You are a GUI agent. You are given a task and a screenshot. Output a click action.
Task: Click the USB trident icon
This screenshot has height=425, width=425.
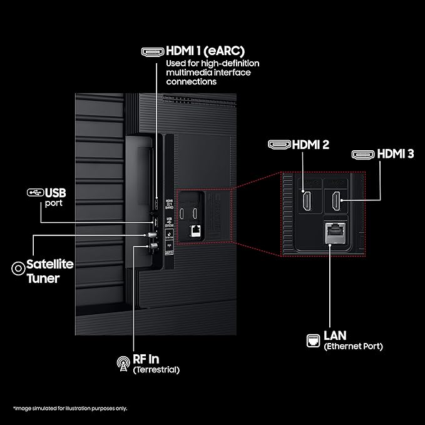(x=35, y=192)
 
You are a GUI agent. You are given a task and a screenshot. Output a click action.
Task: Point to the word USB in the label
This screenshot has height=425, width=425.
(x=56, y=192)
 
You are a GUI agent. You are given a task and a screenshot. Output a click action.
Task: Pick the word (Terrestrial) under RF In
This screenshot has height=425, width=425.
(x=156, y=370)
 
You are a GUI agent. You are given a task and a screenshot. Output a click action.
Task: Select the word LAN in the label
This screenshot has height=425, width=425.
(x=335, y=336)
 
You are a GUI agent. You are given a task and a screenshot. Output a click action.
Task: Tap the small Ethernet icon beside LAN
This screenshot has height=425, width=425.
(x=312, y=340)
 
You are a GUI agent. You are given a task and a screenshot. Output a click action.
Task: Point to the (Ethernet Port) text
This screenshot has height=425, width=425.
(x=353, y=346)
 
